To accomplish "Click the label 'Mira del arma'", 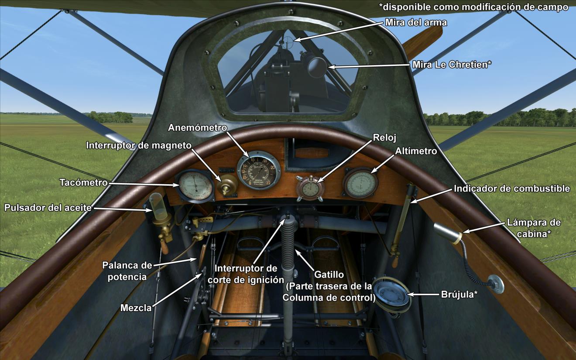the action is click(x=416, y=22).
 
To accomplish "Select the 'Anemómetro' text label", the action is click(x=198, y=127).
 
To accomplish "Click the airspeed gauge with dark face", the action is click(x=259, y=170).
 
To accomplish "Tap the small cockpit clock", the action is click(x=310, y=188).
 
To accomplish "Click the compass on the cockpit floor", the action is click(x=391, y=293).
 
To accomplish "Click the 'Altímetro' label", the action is click(x=416, y=151).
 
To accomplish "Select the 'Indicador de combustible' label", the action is click(x=512, y=189).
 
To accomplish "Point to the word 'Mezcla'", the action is click(x=136, y=308).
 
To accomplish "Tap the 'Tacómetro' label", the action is click(x=83, y=182).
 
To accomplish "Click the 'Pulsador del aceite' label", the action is click(x=48, y=208).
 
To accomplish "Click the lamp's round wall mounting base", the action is click(x=496, y=284).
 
